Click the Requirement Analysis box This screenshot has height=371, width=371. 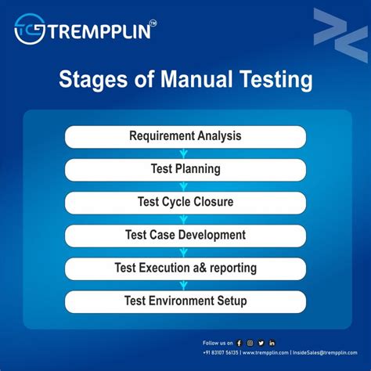(x=185, y=136)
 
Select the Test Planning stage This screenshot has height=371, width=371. (x=185, y=169)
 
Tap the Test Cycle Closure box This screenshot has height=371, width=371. (x=185, y=202)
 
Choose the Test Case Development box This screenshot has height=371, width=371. (x=185, y=235)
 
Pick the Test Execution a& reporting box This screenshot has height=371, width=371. (x=185, y=268)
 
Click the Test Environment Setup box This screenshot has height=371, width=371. (x=185, y=301)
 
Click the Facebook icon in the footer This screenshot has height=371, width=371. (x=240, y=343)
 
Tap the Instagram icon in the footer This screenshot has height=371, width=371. (x=250, y=343)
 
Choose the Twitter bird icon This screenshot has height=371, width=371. (x=261, y=343)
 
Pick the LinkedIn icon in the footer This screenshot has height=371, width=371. (x=272, y=343)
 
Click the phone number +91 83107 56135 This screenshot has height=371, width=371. (x=221, y=353)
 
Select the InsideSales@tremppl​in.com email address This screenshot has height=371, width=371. (x=325, y=353)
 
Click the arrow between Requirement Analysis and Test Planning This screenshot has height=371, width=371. (x=185, y=153)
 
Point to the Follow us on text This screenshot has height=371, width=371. (x=217, y=343)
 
